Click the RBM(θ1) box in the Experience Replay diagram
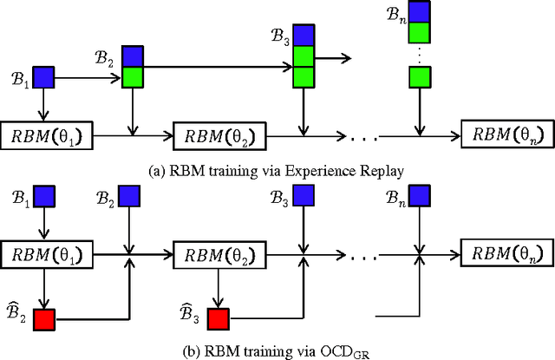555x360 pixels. click(x=47, y=136)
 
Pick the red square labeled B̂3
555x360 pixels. click(x=218, y=318)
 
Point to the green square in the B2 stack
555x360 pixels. click(x=132, y=76)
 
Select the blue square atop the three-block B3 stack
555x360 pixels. click(x=303, y=35)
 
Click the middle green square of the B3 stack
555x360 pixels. click(x=303, y=56)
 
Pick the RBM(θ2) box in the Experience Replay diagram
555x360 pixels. click(x=220, y=136)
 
